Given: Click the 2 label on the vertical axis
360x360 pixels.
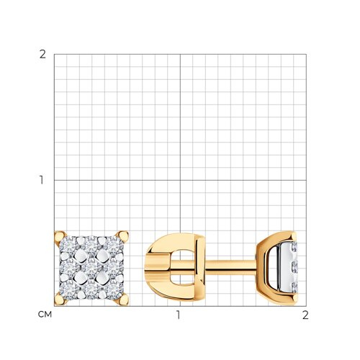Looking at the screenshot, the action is tap(42, 55).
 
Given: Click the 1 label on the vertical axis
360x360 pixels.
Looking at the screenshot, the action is tap(42, 180).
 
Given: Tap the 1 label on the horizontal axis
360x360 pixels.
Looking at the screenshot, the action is tap(178, 315).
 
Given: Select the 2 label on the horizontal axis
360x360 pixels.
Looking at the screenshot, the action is tap(305, 315).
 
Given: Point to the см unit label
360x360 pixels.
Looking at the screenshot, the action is tap(45, 315).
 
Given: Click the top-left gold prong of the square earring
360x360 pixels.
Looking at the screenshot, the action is tap(60, 238).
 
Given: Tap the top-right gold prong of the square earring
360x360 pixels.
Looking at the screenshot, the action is tap(122, 237).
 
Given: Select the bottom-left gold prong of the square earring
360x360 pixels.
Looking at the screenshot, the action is tap(60, 300).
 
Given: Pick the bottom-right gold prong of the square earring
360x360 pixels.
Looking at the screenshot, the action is tap(122, 300).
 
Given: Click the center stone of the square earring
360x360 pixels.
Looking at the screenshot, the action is tap(91, 269).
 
